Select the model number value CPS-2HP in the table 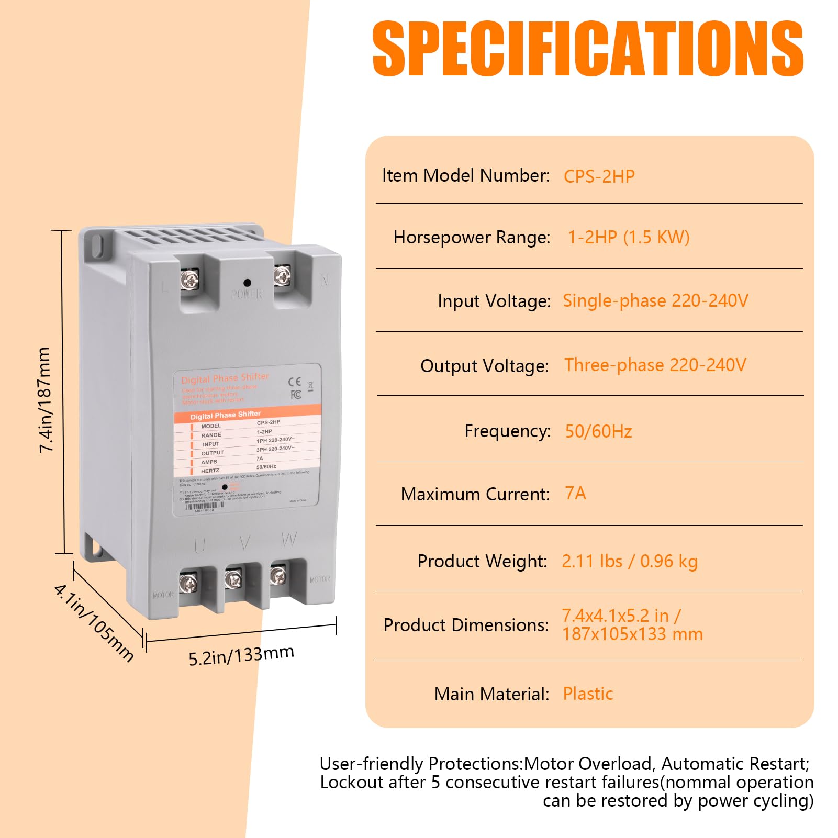pyautogui.click(x=599, y=176)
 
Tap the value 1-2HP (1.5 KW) pyautogui.click(x=629, y=237)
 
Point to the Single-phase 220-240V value pyautogui.click(x=655, y=300)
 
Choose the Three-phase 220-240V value pyautogui.click(x=655, y=365)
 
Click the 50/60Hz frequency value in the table pyautogui.click(x=598, y=431)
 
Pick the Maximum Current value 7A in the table pyautogui.click(x=575, y=493)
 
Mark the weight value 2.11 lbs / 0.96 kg pyautogui.click(x=629, y=561)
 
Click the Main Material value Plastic pyautogui.click(x=588, y=694)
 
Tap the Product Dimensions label pyautogui.click(x=466, y=625)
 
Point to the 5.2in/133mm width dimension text pyautogui.click(x=241, y=655)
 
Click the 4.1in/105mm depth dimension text pyautogui.click(x=94, y=622)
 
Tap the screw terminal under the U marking pyautogui.click(x=188, y=582)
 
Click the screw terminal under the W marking pyautogui.click(x=278, y=576)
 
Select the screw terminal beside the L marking pyautogui.click(x=189, y=279)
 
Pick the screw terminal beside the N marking pyautogui.click(x=282, y=275)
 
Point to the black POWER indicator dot pyautogui.click(x=247, y=283)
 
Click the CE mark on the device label pyautogui.click(x=295, y=382)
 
